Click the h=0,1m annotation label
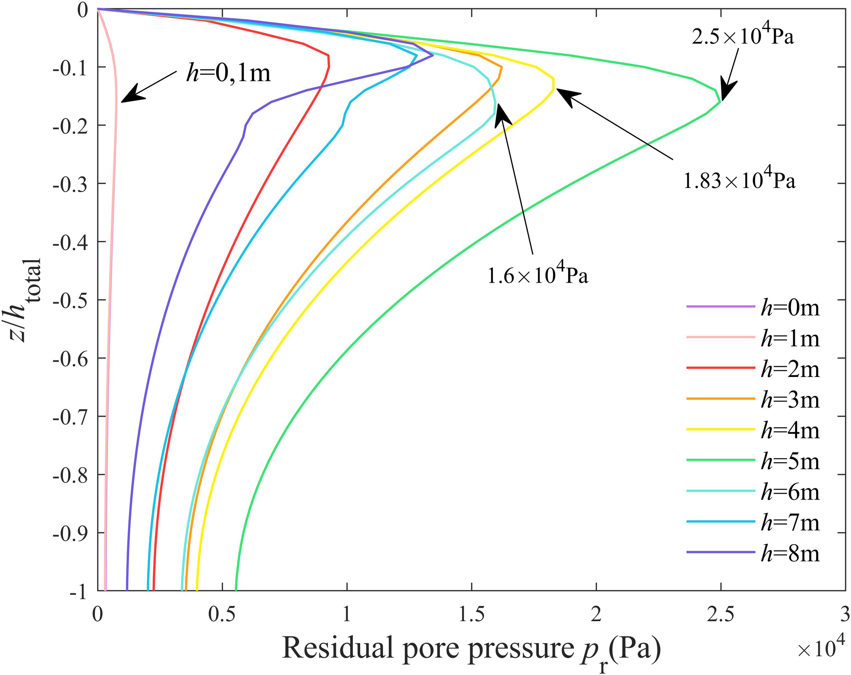pyautogui.click(x=228, y=74)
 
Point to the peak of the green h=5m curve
pyautogui.click(x=720, y=101)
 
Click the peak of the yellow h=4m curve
pyautogui.click(x=553, y=84)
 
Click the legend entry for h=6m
pyautogui.click(x=790, y=492)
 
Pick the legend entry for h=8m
pyautogui.click(x=790, y=554)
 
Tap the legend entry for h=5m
pyautogui.click(x=790, y=462)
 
